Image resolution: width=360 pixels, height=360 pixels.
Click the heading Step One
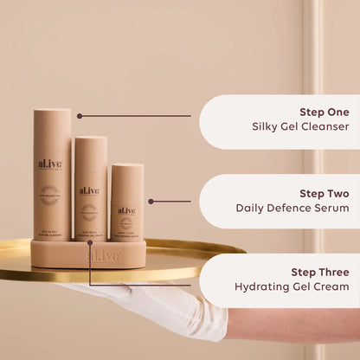click(325, 112)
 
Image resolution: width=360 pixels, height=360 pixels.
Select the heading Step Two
click(325, 192)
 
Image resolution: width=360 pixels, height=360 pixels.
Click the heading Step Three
click(320, 271)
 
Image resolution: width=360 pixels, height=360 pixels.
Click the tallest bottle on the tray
click(53, 173)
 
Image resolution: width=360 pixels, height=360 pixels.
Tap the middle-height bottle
click(90, 188)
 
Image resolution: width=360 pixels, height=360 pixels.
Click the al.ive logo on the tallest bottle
click(52, 164)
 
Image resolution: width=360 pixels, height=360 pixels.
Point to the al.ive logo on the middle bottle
click(90, 190)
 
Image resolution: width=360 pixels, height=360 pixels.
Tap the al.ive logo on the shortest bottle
click(127, 210)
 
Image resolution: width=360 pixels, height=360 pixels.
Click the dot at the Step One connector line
click(80, 115)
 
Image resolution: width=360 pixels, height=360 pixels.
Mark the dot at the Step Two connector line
click(151, 201)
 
